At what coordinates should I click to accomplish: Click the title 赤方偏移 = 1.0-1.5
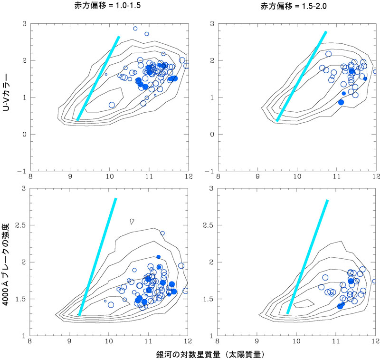pos(107,6)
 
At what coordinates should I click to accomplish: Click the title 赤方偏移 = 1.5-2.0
pos(294,6)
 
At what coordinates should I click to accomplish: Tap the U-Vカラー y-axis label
pos(6,92)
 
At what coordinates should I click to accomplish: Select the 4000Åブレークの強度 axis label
pos(6,264)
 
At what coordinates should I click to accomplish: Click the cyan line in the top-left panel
pos(98,78)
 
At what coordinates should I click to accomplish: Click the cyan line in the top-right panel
pos(302,76)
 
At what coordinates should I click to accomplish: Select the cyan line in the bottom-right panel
pos(307,257)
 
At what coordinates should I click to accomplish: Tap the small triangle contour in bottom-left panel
pos(132,222)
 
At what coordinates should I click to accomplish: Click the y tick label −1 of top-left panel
pos(22,171)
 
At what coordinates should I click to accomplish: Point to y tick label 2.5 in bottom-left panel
pos(20,225)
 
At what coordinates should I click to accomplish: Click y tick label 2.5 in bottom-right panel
pos(208,225)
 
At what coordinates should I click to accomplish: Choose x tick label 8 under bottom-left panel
pos(30,341)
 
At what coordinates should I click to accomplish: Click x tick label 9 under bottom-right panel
pos(257,341)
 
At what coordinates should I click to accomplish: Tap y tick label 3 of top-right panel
pos(212,24)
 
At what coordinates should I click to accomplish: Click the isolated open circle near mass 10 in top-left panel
pos(112,105)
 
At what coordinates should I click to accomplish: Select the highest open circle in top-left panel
pos(135,29)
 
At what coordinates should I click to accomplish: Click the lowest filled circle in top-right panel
pos(341,102)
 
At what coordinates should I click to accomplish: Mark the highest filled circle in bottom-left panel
pos(159,257)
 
